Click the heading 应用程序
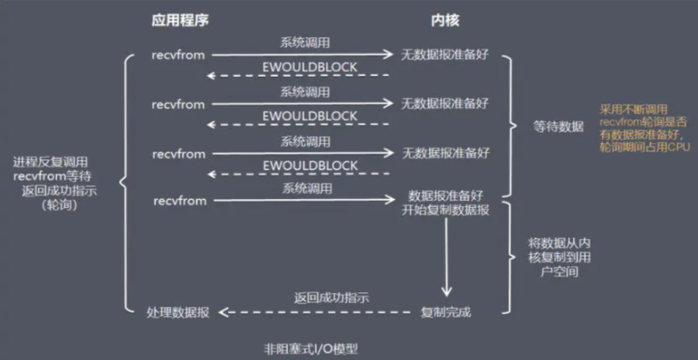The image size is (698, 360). (x=179, y=20)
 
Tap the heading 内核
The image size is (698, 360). (x=445, y=20)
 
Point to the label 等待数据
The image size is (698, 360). (x=559, y=126)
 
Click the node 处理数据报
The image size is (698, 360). (x=179, y=312)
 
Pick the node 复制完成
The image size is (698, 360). (x=445, y=312)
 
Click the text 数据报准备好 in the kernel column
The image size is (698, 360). (x=445, y=195)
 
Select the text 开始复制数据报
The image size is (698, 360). (x=445, y=209)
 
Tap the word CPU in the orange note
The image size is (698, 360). (x=677, y=148)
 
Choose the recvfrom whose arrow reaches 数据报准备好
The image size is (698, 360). (x=179, y=201)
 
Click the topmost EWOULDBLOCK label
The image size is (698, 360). (x=310, y=67)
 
